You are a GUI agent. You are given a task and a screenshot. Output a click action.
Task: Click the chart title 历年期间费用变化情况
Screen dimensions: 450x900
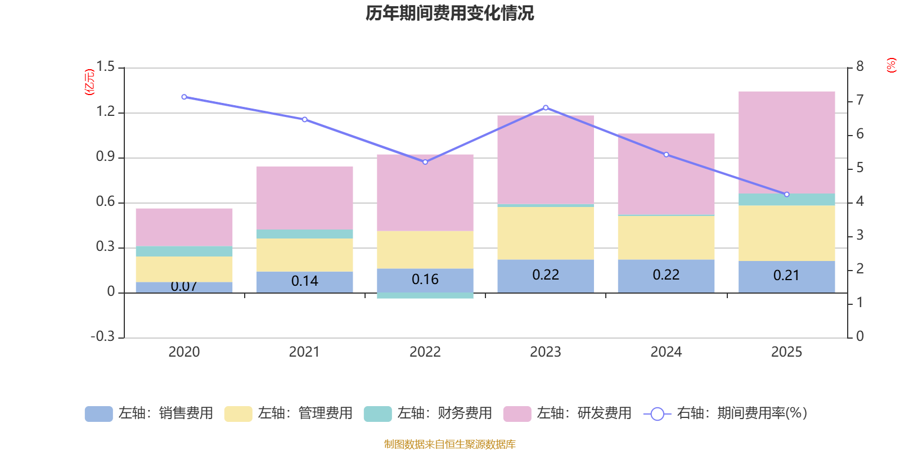pyautogui.click(x=449, y=13)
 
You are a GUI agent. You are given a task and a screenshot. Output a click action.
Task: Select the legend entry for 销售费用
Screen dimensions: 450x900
pyautogui.click(x=149, y=413)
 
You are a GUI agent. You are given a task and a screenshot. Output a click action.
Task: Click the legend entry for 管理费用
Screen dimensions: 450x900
pyautogui.click(x=289, y=413)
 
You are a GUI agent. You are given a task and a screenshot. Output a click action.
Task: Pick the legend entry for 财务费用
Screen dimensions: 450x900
pyautogui.click(x=428, y=413)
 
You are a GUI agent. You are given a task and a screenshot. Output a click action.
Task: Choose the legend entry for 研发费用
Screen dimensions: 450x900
pyautogui.click(x=568, y=413)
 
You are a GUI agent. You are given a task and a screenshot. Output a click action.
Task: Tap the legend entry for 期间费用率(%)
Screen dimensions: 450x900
pyautogui.click(x=726, y=413)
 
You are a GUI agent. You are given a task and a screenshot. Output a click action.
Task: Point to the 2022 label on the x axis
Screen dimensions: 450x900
pyautogui.click(x=425, y=352)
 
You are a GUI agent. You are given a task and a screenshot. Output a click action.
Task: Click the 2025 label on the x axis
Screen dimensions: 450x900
pyautogui.click(x=786, y=352)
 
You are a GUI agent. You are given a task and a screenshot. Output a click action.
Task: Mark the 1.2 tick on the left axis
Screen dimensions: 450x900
pyautogui.click(x=105, y=112)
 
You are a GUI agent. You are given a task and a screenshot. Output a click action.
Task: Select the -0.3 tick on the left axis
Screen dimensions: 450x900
pyautogui.click(x=102, y=336)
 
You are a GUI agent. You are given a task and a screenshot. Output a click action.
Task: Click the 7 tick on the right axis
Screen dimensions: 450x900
pyautogui.click(x=859, y=100)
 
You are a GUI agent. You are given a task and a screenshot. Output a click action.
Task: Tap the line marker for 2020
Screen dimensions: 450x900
pyautogui.click(x=184, y=97)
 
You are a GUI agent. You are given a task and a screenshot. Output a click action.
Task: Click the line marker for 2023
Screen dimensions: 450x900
pyautogui.click(x=546, y=107)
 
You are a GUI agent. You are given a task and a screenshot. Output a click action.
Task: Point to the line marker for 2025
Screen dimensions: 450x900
pyautogui.click(x=786, y=195)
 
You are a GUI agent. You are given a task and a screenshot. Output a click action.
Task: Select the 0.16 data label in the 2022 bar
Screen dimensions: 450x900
pyautogui.click(x=425, y=280)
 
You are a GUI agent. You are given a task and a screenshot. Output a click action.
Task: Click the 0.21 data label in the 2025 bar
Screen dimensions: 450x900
pyautogui.click(x=786, y=275)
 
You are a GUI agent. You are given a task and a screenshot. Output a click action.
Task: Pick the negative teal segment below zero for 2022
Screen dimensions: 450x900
pyautogui.click(x=425, y=296)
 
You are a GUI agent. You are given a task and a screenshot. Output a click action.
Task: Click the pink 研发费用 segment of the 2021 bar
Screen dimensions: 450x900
pyautogui.click(x=304, y=197)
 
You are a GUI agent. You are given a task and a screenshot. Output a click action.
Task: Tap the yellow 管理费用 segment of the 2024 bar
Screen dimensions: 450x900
pyautogui.click(x=666, y=237)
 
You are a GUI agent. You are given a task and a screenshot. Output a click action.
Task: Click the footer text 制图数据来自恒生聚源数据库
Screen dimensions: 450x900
pyautogui.click(x=449, y=444)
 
